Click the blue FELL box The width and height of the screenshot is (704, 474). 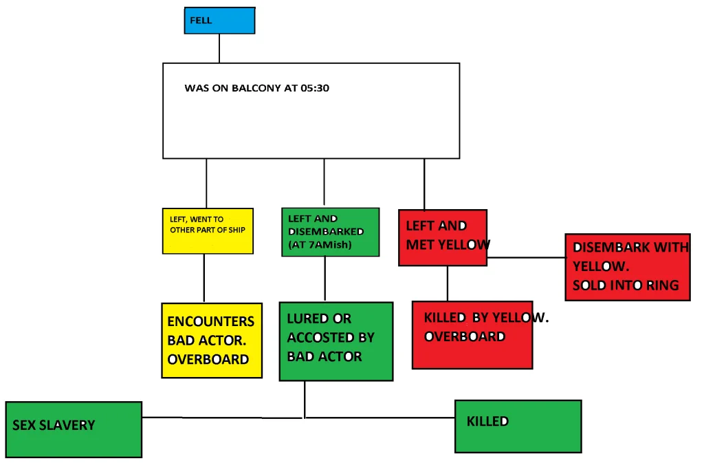pos(219,21)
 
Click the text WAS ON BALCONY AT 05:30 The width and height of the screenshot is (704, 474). pos(256,89)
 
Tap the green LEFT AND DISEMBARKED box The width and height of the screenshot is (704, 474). pos(330,233)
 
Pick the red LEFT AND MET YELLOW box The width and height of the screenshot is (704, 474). pos(443,237)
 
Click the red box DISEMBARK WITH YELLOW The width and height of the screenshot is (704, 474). pos(627,267)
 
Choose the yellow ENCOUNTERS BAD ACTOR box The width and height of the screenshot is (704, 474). pos(212,340)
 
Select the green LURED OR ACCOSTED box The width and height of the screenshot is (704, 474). pos(335,341)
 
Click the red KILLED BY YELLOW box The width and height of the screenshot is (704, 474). pos(472,334)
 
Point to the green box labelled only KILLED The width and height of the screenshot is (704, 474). pos(518,427)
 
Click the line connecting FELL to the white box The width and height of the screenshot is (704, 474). pos(219,48)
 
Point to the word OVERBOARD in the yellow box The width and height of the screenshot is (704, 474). pos(208,359)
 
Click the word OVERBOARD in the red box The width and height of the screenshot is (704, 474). pos(465,337)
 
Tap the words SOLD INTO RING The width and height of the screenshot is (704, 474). pos(626,286)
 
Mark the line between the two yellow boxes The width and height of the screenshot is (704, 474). pos(204,279)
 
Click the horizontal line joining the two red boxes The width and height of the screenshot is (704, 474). pos(526,258)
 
